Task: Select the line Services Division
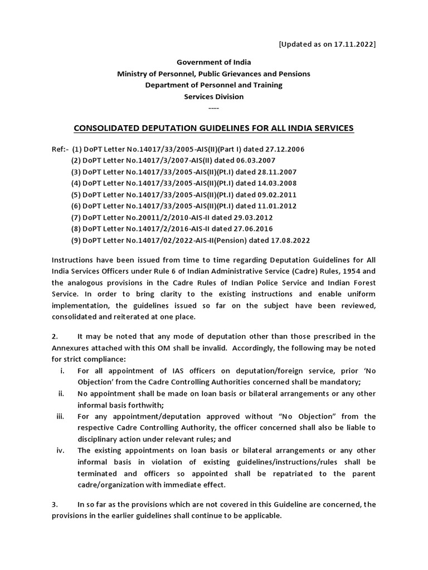(x=213, y=96)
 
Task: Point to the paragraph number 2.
(x=55, y=336)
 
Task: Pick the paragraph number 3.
(x=55, y=504)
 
